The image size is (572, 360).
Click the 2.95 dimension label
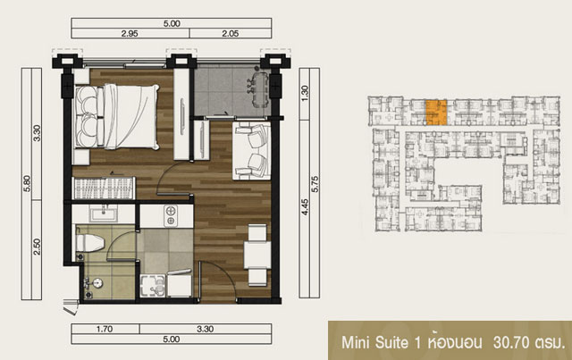pos(130,34)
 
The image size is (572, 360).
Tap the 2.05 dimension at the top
pos(231,34)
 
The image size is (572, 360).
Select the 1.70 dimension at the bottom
pos(105,329)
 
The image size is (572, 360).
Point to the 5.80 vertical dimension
pos(27,183)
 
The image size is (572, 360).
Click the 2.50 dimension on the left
pos(37,247)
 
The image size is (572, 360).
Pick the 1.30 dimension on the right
pos(305,93)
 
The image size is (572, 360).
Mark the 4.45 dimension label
pos(305,206)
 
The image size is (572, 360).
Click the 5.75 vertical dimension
pos(315,184)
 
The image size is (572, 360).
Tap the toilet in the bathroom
pos(89,243)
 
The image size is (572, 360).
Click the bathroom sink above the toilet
pos(104,213)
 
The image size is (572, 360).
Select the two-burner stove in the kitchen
pos(171,215)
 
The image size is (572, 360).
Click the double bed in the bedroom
pos(117,116)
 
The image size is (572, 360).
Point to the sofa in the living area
pos(252,151)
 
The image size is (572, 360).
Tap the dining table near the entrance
pos(257,255)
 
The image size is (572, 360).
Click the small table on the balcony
pos(261,89)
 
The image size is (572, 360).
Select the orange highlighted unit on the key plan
pos(436,113)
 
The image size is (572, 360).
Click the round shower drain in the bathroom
pos(97,282)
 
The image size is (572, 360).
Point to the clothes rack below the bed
pos(105,188)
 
